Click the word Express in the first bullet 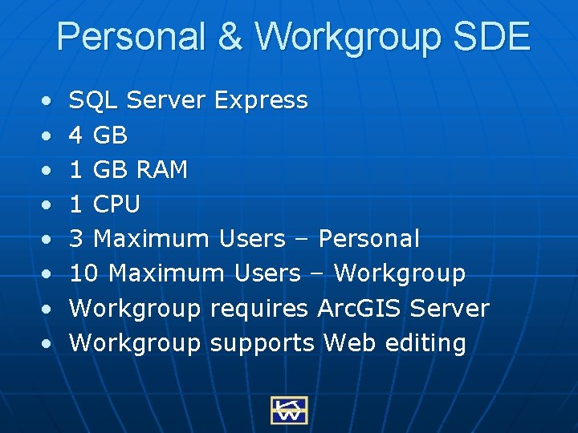pos(262,100)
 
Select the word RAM pos(161,170)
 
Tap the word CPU pos(116,204)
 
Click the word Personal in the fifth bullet pos(368,239)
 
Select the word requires pos(259,309)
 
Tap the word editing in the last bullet pos(425,343)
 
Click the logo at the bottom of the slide pos(288,409)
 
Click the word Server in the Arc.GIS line pos(450,309)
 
